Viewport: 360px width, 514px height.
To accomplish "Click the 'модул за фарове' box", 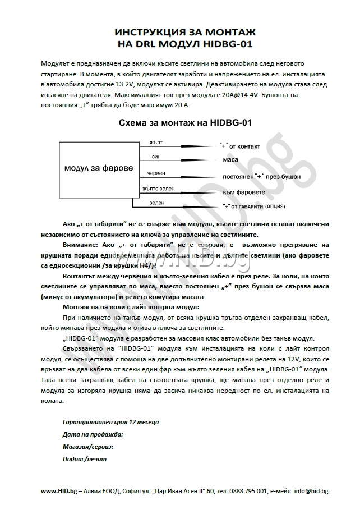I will tap(99, 168).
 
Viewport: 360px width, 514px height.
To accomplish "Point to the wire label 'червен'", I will tap(156, 173).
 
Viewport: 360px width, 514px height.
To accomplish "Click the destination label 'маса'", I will tap(230, 160).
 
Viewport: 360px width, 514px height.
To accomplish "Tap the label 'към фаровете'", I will tap(244, 191).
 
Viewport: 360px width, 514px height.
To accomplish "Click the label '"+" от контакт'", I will tap(239, 146).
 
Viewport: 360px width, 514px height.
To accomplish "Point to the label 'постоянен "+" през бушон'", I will tap(261, 176).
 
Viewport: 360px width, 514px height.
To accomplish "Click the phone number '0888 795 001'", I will tap(243, 491).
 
